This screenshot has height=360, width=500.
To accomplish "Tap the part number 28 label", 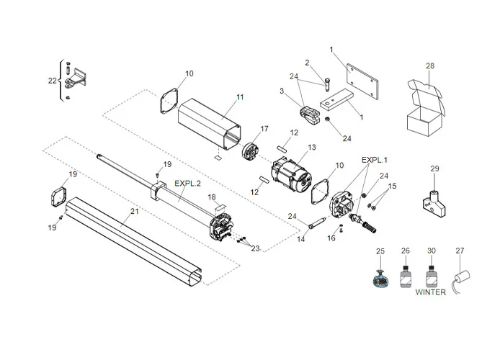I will [x=430, y=66].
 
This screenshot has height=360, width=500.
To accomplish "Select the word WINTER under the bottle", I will [x=430, y=292].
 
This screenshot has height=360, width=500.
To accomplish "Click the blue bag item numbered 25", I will [x=381, y=277].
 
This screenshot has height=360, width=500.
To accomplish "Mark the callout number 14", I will [x=302, y=238].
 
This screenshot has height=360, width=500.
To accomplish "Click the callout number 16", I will [x=331, y=238].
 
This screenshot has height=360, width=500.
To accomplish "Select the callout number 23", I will [x=255, y=248].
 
